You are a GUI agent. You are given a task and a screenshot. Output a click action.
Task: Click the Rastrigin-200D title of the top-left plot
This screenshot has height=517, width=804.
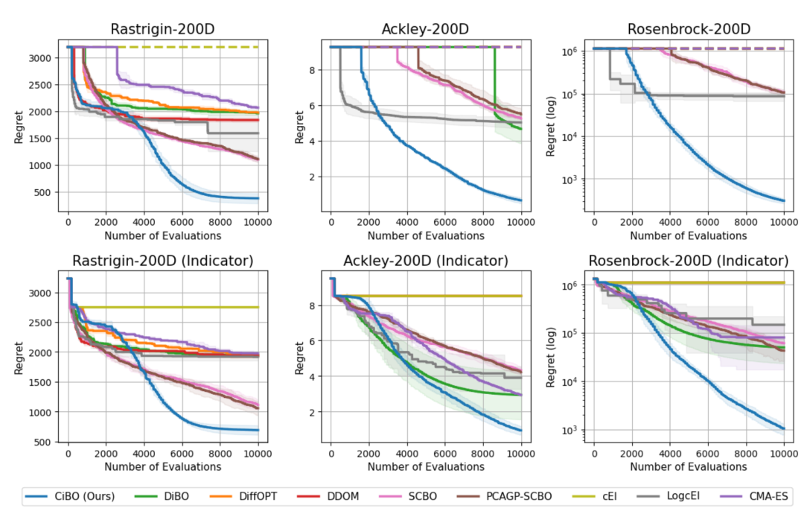point(163,29)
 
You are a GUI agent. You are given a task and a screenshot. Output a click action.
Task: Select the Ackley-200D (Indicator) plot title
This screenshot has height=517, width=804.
point(426,261)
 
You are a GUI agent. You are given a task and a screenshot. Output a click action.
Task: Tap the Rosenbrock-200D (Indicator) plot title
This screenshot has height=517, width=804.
point(689,261)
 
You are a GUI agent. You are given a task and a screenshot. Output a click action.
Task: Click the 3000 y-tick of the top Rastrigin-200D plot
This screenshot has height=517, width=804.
point(42,58)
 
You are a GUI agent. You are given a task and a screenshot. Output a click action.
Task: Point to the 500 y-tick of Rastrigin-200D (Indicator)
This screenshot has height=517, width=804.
point(45,443)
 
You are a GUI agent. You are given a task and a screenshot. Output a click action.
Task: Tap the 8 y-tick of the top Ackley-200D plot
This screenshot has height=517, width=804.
point(315,71)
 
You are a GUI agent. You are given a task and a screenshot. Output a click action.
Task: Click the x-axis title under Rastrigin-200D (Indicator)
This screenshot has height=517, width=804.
point(163,467)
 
